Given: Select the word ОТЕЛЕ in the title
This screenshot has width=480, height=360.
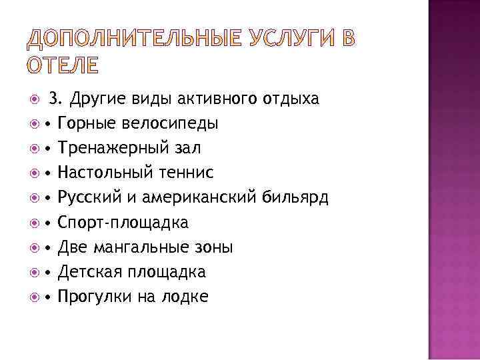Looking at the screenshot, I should click(x=63, y=66).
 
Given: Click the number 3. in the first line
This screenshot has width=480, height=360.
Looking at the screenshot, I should click(x=57, y=99).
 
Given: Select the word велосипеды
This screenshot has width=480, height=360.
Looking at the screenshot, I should click(x=172, y=124).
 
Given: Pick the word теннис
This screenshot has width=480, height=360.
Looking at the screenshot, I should click(x=184, y=173).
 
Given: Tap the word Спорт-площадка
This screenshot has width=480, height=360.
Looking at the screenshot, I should click(x=123, y=223).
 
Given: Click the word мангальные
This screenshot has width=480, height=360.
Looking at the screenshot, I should click(x=139, y=247).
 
